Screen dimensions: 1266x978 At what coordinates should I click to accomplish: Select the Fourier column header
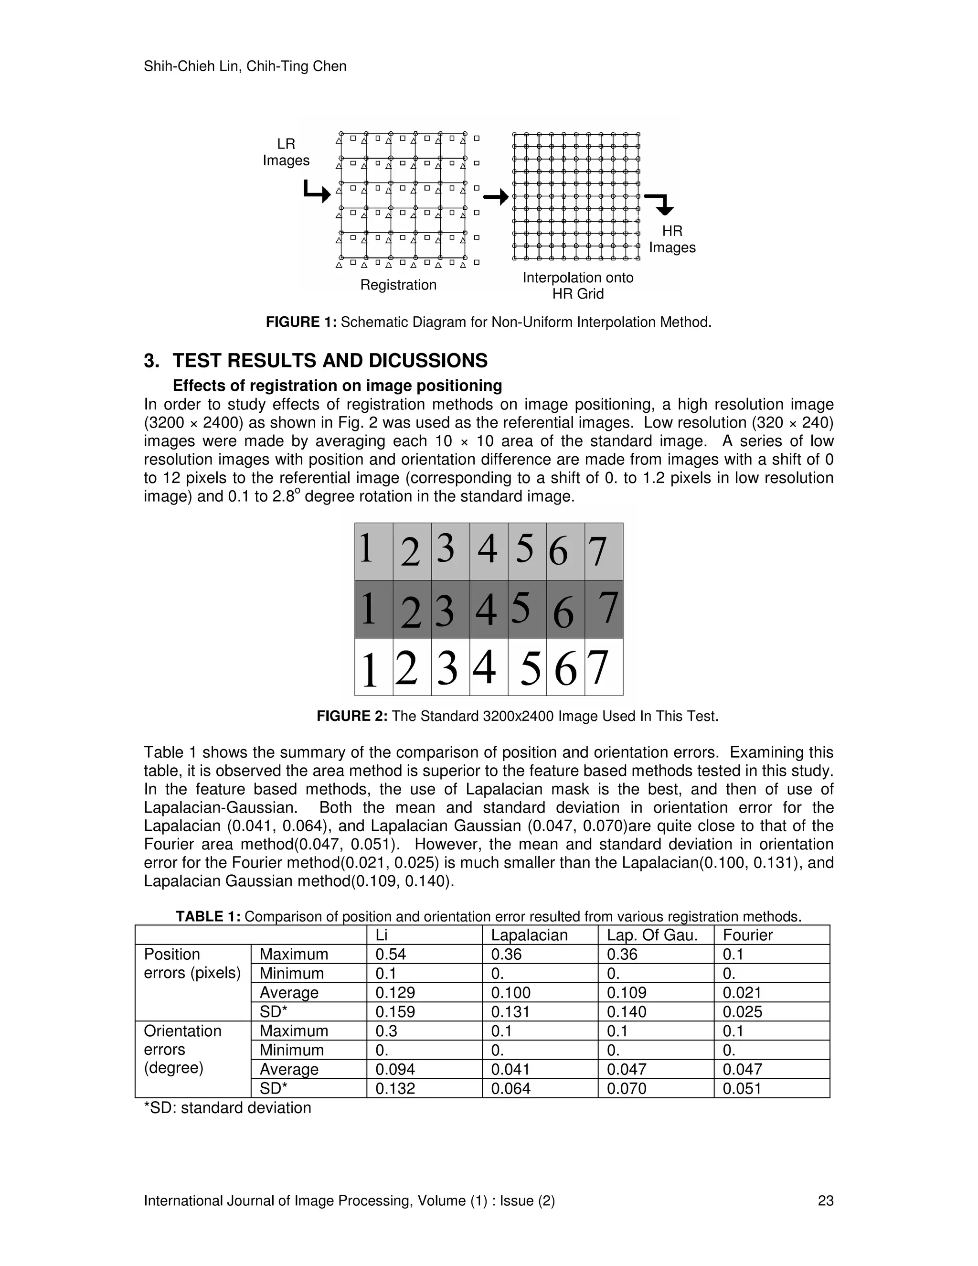pos(747,935)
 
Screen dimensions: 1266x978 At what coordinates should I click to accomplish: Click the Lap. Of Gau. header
pos(652,935)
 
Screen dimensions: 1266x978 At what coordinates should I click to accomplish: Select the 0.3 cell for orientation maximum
pos(385,1030)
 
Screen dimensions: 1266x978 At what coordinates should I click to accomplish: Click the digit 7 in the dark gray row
pos(607,608)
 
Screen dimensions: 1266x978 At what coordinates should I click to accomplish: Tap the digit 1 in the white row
pos(369,669)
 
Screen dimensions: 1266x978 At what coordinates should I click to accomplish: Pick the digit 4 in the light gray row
pos(487,548)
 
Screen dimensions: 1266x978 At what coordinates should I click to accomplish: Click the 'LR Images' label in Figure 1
pos(286,152)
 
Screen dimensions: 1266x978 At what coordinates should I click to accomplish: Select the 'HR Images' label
pos(672,239)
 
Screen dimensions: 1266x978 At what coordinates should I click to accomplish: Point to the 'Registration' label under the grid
pos(398,285)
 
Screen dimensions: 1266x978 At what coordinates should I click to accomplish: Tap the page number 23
pos(825,1201)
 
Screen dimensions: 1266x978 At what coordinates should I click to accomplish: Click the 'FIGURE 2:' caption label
pos(351,716)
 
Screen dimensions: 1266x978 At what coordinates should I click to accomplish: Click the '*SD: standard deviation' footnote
pos(227,1108)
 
